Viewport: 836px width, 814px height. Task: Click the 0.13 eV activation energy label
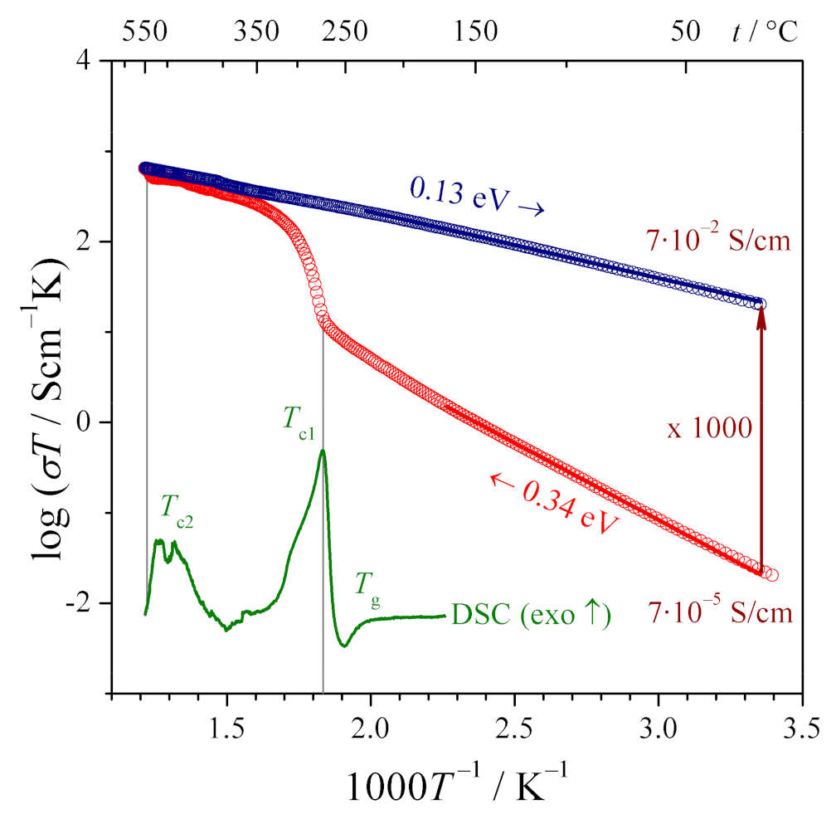point(477,198)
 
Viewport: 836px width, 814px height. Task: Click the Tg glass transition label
point(368,586)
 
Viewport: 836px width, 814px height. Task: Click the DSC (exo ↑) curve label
point(531,617)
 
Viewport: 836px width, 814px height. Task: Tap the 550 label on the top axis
point(146,32)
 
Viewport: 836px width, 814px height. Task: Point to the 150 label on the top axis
point(477,32)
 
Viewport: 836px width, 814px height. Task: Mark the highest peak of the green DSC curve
point(323,451)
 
